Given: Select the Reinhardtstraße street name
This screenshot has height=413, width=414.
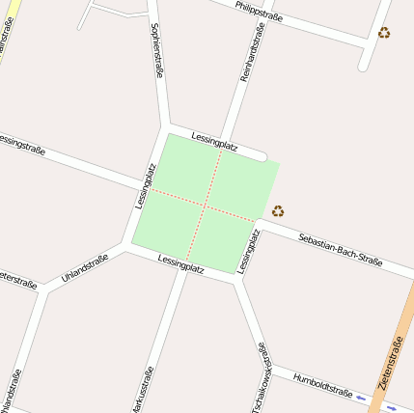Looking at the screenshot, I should click(x=252, y=49).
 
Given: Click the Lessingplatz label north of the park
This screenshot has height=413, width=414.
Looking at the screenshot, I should click(x=214, y=140).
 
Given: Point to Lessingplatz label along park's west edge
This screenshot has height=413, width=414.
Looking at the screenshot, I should click(x=146, y=185).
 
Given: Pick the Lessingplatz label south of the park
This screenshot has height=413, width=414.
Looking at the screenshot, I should click(x=180, y=263).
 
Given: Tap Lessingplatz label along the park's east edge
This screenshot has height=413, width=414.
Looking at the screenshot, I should click(x=248, y=249).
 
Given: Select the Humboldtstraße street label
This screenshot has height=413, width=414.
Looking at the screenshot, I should click(x=322, y=385).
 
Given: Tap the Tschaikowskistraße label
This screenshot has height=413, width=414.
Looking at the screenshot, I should click(x=260, y=379).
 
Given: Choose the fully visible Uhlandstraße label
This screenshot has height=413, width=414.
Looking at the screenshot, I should click(x=84, y=267).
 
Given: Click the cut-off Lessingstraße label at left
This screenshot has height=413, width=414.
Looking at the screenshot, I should click(x=21, y=146).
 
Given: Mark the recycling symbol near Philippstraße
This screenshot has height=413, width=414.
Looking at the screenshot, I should click(x=384, y=33).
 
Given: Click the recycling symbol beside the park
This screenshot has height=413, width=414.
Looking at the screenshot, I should click(x=278, y=210).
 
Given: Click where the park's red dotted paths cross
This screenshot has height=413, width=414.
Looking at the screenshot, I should click(x=205, y=204).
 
